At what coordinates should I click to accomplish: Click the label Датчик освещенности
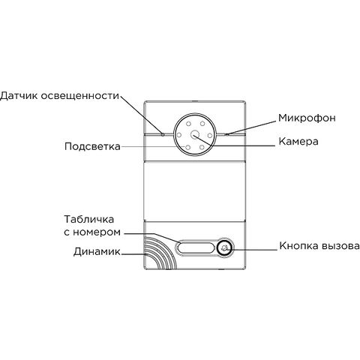point(59,96)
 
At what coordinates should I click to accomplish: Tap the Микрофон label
point(307,118)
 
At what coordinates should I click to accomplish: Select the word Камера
point(298,142)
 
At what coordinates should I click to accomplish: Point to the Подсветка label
point(92,146)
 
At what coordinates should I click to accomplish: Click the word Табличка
point(89,219)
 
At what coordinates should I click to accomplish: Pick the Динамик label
point(97,252)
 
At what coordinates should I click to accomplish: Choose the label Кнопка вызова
point(319,246)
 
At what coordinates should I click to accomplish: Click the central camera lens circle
point(194,135)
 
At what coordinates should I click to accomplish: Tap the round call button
point(224,248)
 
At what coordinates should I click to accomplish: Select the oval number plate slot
point(196,248)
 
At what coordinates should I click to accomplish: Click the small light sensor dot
point(163,134)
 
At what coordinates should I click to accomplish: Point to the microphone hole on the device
point(226,134)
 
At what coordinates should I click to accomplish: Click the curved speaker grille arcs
point(160,253)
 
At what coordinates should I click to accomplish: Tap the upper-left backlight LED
point(188,124)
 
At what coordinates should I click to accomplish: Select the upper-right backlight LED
point(202,123)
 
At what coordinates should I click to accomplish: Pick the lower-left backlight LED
point(187,148)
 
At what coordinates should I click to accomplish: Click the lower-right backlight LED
point(202,148)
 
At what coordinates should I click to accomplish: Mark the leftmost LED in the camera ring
point(179,135)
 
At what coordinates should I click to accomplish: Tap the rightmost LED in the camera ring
point(210,136)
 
